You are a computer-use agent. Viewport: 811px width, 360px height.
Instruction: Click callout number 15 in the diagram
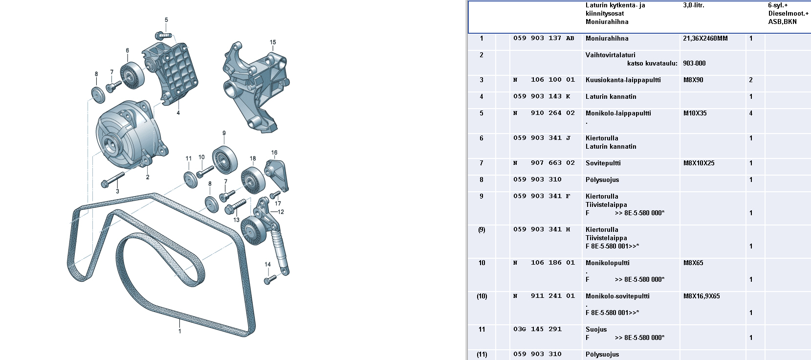pyautogui.click(x=273, y=43)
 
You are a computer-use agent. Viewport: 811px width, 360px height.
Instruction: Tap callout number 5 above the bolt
pyautogui.click(x=166, y=20)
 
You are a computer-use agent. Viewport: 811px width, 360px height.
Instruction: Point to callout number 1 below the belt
pyautogui.click(x=179, y=331)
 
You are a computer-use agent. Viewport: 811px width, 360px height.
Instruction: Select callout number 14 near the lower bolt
pyautogui.click(x=267, y=265)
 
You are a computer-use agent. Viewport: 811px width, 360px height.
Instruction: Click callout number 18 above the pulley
pyautogui.click(x=253, y=158)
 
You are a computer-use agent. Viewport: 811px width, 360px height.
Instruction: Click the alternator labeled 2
pyautogui.click(x=131, y=135)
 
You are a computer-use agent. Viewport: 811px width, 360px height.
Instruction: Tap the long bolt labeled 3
pyautogui.click(x=112, y=180)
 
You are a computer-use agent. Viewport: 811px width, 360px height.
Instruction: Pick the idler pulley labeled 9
pyautogui.click(x=225, y=160)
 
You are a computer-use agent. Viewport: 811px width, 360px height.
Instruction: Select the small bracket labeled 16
pyautogui.click(x=277, y=175)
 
